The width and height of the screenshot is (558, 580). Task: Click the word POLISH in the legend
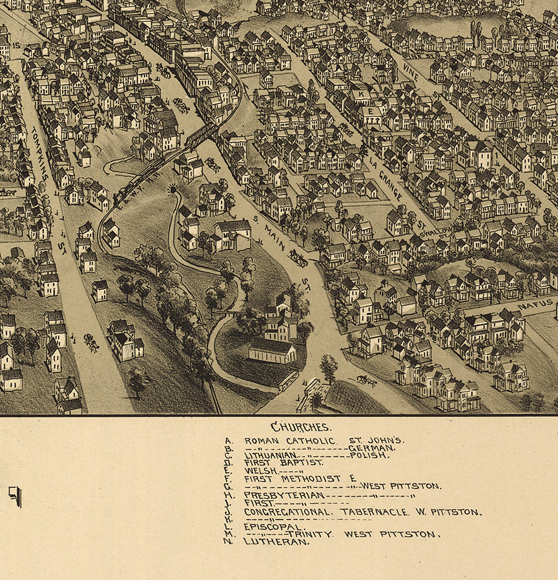coord(369,455)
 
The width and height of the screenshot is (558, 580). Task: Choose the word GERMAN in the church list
coord(371,447)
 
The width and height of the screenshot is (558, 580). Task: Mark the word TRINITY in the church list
coord(310,534)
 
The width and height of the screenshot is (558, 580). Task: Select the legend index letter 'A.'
coord(227,441)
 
